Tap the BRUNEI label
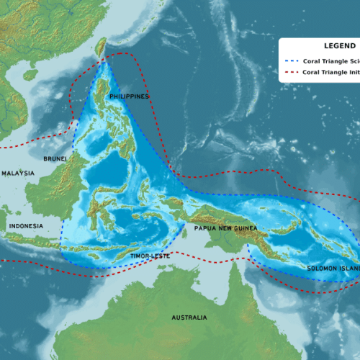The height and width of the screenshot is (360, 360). (x=55, y=158)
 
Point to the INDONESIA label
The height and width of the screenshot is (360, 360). (x=26, y=226)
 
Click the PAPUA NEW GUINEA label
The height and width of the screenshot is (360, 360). (x=225, y=228)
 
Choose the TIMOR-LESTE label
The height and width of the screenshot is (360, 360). (x=150, y=256)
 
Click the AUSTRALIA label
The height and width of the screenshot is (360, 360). (x=189, y=318)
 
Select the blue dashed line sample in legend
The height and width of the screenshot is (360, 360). (x=291, y=61)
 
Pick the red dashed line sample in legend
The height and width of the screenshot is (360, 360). (x=291, y=72)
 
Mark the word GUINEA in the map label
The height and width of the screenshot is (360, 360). (x=242, y=228)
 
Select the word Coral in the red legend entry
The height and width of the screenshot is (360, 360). (x=312, y=72)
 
